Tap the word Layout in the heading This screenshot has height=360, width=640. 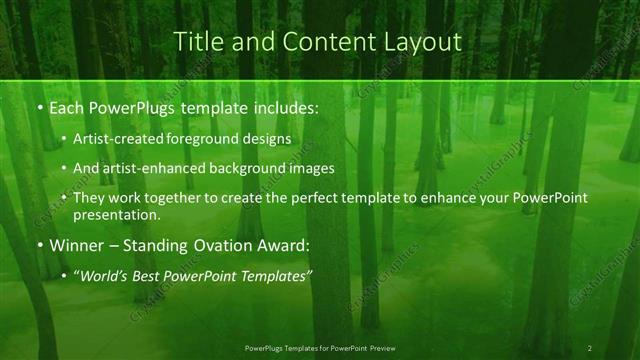[424, 42]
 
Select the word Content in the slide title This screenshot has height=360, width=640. [306, 42]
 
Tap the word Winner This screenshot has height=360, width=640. [75, 245]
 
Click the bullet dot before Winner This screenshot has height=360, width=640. [39, 245]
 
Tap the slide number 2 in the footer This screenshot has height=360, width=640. [590, 348]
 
